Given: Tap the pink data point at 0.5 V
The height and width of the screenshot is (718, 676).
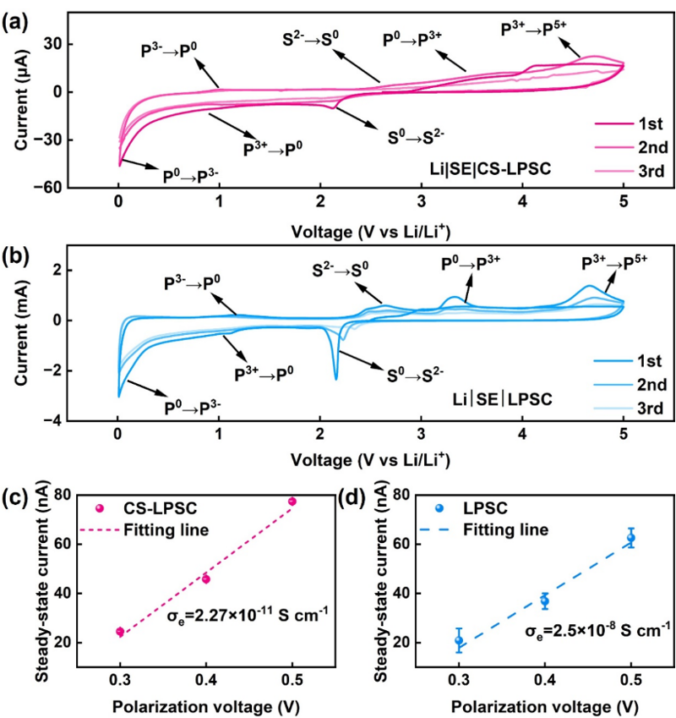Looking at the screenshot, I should (292, 502).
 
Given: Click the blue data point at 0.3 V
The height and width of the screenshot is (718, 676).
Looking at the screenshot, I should (459, 640).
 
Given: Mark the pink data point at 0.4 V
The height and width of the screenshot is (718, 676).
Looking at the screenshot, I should (206, 579).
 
